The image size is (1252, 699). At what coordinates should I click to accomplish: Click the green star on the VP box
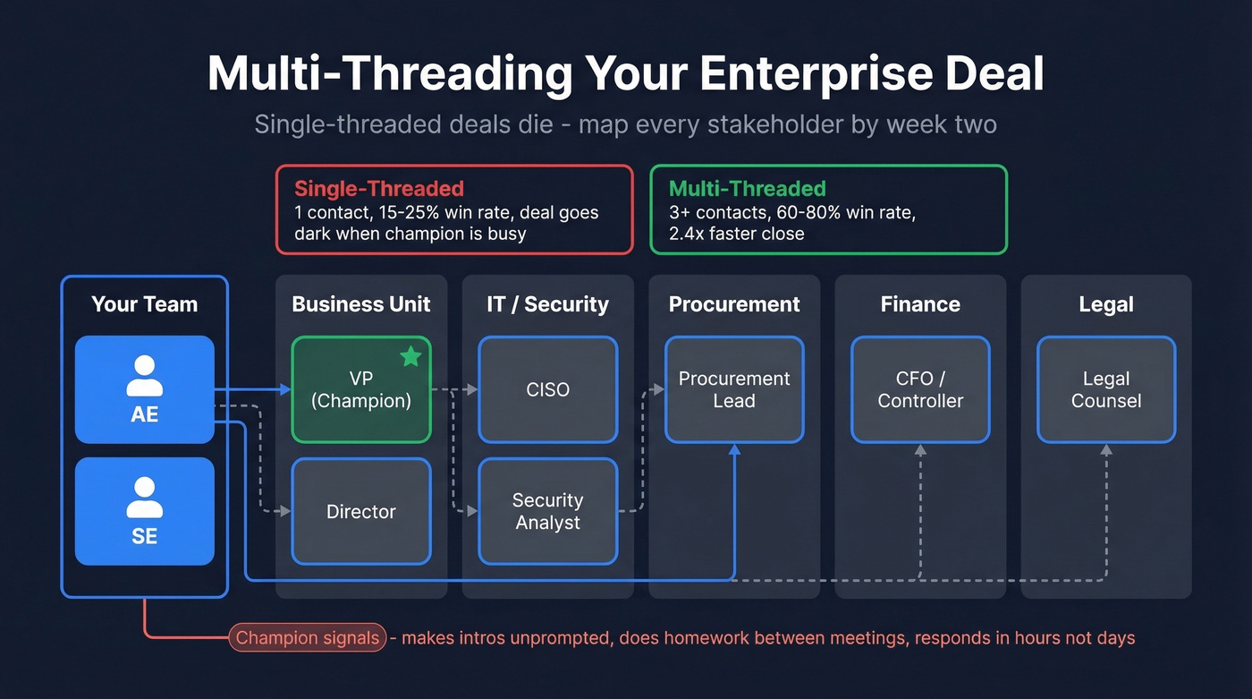pos(410,357)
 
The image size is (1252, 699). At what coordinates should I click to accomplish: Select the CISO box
pos(547,389)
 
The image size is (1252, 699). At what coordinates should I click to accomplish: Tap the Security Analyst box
pos(547,511)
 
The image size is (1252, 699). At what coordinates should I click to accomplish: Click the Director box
pos(361,511)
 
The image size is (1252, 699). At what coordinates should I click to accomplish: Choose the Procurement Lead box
pos(733,389)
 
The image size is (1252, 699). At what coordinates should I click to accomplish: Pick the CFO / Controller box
pos(920,389)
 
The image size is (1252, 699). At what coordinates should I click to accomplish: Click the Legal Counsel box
pos(1106,389)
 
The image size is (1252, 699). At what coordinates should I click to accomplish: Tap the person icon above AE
pos(144,376)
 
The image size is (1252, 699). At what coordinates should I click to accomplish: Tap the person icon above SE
pos(144,498)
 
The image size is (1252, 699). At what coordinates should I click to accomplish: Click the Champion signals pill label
pos(308,638)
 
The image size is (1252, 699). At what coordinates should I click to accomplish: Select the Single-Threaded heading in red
pos(379,189)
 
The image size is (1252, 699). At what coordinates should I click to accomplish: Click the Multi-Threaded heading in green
pos(747,189)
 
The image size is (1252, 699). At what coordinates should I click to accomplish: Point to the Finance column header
pos(920,304)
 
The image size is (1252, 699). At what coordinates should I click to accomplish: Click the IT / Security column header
pos(547,304)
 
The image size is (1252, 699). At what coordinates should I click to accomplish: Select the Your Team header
pos(144,304)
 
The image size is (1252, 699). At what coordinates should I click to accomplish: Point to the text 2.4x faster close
pos(736,234)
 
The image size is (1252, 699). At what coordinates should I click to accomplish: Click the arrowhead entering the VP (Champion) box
pos(285,389)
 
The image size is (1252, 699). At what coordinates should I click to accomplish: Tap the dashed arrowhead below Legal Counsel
pos(1106,450)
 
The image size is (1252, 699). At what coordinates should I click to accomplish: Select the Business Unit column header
pos(361,304)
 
